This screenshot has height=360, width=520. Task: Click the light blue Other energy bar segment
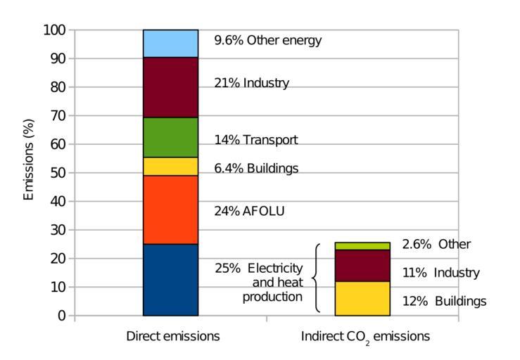coord(170,44)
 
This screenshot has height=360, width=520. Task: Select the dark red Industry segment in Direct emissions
coord(170,87)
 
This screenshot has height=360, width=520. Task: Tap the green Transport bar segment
coord(170,137)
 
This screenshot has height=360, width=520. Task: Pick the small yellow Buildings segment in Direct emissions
coord(170,166)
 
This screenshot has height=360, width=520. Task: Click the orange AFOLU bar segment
coord(170,210)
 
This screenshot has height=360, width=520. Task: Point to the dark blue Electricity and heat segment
coord(170,280)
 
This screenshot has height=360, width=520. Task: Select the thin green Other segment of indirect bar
coord(362,245)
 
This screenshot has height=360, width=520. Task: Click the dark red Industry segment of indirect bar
coord(362,265)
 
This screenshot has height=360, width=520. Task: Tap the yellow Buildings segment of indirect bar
coord(362,298)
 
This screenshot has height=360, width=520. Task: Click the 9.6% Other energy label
coord(267,40)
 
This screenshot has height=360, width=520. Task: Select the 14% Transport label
coord(255,140)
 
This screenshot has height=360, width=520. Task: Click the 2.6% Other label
coord(436,245)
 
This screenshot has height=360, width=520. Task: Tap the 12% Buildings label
coord(444,302)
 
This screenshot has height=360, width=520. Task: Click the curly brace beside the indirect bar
coord(315,278)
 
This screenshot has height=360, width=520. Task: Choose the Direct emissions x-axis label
coord(172,336)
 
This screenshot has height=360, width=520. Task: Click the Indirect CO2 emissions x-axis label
coord(365,337)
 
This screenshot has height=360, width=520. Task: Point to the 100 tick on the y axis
coord(55,30)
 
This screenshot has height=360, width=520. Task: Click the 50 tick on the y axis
coord(58,173)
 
